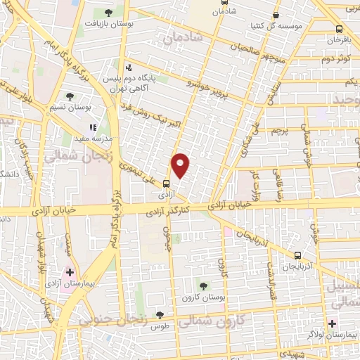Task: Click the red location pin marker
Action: (x=181, y=165)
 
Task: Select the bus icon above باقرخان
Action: (x=340, y=30)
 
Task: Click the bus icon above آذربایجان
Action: (x=298, y=255)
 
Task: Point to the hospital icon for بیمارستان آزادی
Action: (x=70, y=271)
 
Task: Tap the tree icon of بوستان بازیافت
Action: (x=107, y=13)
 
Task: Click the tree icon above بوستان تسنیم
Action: (x=69, y=96)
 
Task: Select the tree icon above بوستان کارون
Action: (x=203, y=285)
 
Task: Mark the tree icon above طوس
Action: (x=160, y=315)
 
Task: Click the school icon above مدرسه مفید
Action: (x=92, y=128)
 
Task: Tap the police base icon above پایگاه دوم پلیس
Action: (x=128, y=68)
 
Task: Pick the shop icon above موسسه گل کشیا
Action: (x=275, y=15)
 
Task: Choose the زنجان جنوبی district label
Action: (x=110, y=320)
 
